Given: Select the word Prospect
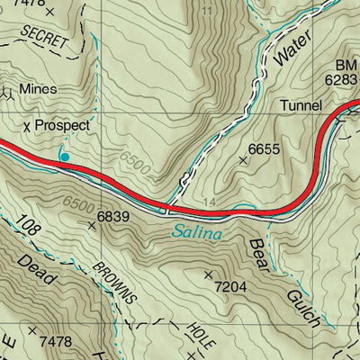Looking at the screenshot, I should tap(63, 126).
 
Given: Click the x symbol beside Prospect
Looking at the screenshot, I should tap(28, 127).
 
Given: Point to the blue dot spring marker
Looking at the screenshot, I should tap(64, 157).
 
